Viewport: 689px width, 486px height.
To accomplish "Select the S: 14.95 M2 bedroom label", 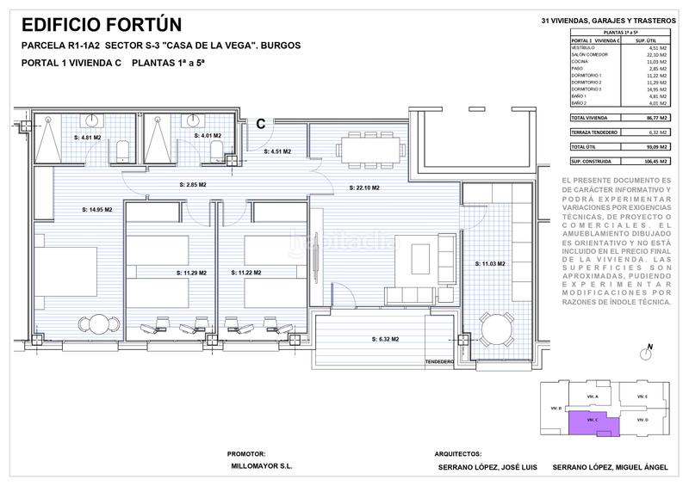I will tap(96, 209).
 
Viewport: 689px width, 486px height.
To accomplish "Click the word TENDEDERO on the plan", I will tap(438, 362).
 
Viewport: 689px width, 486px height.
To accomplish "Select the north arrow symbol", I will tap(645, 352).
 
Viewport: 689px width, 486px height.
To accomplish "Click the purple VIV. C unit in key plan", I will tap(593, 420).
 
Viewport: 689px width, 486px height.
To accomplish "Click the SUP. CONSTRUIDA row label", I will tap(589, 161).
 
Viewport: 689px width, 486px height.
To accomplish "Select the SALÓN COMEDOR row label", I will tap(589, 54).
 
